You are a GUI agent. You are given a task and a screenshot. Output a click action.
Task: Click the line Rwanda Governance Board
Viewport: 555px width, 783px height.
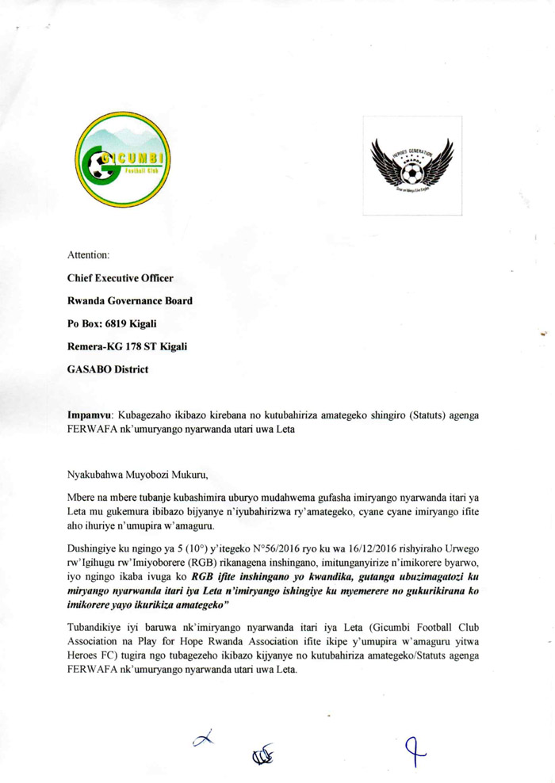coord(130,300)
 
